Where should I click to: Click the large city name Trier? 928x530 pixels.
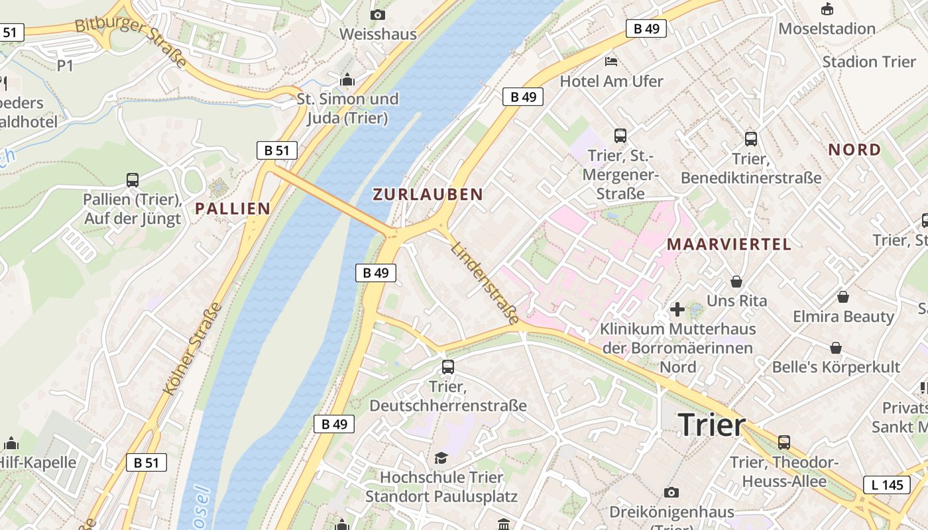tap(712, 424)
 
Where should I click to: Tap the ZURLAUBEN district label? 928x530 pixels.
tap(428, 194)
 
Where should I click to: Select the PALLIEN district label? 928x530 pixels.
tap(233, 209)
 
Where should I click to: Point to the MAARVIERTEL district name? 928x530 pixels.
tap(728, 244)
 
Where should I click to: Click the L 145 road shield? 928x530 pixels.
tap(887, 485)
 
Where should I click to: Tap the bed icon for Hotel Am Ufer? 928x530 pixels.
tap(611, 62)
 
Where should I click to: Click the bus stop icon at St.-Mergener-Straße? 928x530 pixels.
tap(620, 136)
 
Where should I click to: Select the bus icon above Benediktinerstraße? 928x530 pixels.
tap(750, 139)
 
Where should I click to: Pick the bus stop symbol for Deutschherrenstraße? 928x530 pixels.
tap(448, 367)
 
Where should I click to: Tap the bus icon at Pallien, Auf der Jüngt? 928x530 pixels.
tap(133, 180)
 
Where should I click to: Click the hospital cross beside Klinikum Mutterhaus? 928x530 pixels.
tap(677, 309)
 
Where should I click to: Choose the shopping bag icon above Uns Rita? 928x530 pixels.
tap(736, 282)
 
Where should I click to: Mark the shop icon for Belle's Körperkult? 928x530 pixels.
tap(836, 348)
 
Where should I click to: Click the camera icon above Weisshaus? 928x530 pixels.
tap(378, 15)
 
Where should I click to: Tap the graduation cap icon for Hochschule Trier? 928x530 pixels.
tap(441, 458)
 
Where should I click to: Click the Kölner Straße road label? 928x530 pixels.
tap(193, 348)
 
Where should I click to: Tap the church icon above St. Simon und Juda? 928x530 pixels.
tap(347, 80)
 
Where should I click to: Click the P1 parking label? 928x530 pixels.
tap(65, 66)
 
